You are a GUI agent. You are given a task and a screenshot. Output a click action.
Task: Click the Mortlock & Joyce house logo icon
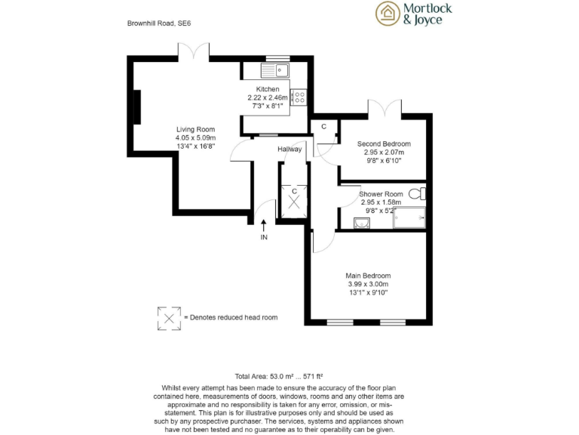(388, 13)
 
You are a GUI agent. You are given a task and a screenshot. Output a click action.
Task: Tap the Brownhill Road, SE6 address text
(159, 24)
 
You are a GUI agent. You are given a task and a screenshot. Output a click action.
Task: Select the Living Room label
(195, 129)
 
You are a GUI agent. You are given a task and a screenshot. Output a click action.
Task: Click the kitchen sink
(276, 72)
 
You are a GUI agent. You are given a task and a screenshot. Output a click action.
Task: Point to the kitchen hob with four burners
(299, 97)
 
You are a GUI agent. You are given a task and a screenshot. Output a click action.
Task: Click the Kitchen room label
(268, 90)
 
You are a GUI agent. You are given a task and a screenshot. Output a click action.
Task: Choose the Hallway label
(289, 149)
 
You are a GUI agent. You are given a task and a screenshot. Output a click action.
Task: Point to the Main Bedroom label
(369, 276)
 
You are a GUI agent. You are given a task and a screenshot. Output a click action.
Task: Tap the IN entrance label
(264, 237)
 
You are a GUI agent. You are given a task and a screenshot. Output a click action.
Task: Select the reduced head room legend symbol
(168, 318)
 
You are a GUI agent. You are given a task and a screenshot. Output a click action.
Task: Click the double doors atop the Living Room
(194, 52)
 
